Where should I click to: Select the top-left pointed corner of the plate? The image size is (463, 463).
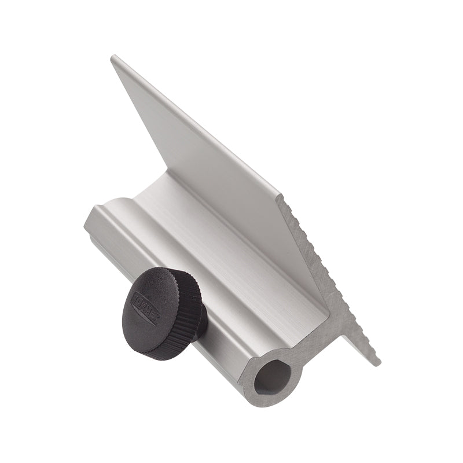(113, 57)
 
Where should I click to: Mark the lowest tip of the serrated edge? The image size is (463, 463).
(377, 363)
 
